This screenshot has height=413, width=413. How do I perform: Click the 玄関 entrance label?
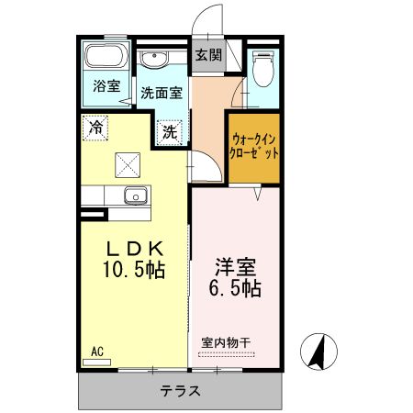click(x=208, y=55)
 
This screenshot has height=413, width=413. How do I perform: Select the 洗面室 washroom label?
click(x=162, y=92)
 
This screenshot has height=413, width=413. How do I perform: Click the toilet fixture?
click(x=264, y=66)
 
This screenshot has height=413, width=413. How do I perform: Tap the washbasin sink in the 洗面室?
click(x=153, y=61)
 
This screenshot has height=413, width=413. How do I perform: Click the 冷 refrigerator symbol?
click(x=95, y=128)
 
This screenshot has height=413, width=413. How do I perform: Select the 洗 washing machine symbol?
click(x=170, y=131)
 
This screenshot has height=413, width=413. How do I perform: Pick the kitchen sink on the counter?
click(x=135, y=195)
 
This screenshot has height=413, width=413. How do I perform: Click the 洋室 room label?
click(x=234, y=266)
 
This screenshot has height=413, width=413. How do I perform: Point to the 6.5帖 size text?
click(x=235, y=289)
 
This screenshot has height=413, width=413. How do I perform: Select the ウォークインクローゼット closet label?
click(x=254, y=147)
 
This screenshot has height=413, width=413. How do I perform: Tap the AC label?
click(x=97, y=350)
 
